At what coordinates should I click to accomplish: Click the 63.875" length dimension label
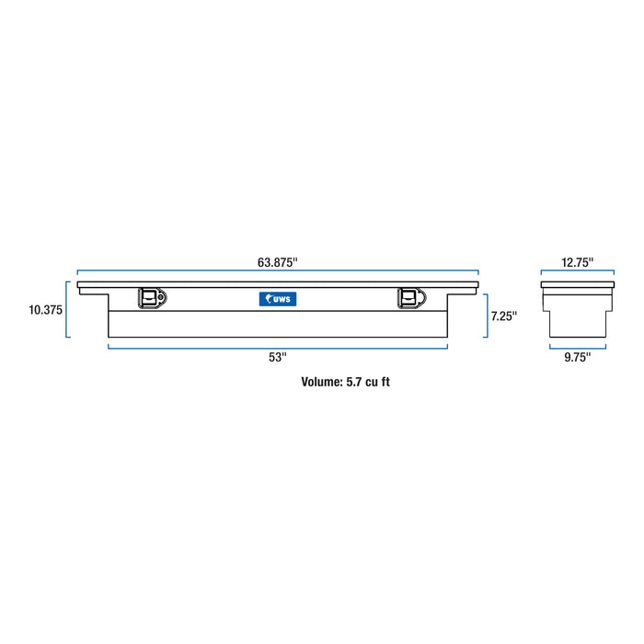(277, 262)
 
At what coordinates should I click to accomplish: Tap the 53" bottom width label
(278, 357)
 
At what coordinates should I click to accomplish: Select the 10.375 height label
(45, 310)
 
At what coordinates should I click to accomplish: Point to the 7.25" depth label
(503, 316)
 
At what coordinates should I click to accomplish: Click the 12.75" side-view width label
(577, 262)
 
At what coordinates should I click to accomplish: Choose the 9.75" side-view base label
(577, 357)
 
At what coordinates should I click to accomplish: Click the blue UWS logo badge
(277, 298)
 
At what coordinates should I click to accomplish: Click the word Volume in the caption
(321, 382)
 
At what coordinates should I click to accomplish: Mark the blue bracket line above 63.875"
(277, 272)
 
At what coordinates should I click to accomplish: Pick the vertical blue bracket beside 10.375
(67, 309)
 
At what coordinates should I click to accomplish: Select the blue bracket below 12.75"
(577, 272)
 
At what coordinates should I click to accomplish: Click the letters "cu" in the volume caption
(372, 382)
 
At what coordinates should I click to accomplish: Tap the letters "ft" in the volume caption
(385, 382)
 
